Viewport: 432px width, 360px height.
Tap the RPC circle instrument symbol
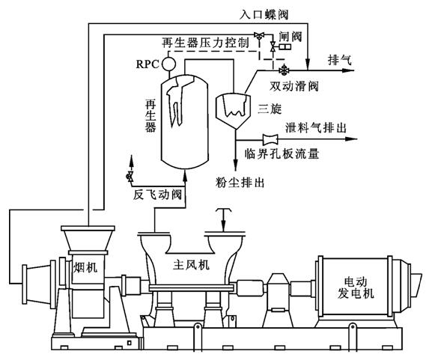click(170, 63)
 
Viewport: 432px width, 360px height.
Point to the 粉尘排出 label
click(240, 180)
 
